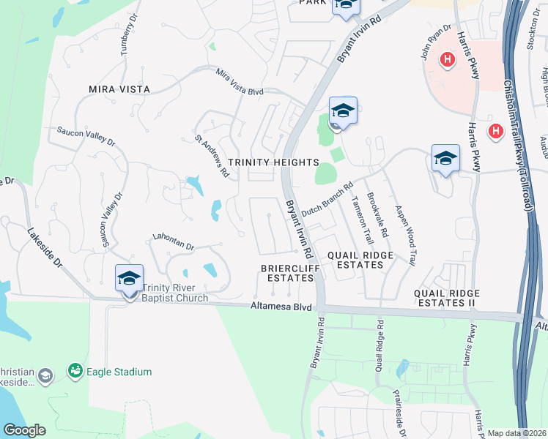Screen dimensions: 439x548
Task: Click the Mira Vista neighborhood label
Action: tap(119, 89)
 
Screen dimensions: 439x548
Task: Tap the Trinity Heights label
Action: tap(273, 162)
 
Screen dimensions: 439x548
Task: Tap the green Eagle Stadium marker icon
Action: tap(75, 372)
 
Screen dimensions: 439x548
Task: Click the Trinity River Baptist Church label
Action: tap(176, 293)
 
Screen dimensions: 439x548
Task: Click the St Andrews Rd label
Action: tap(212, 154)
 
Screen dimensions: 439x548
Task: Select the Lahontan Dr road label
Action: tap(172, 242)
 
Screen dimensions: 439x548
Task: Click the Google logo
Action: tap(25, 430)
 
